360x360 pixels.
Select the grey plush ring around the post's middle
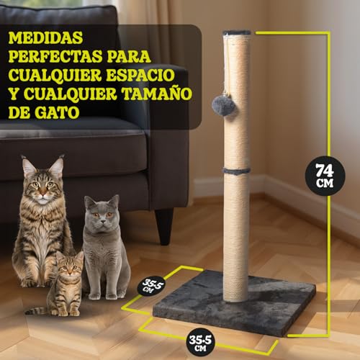click(236, 171)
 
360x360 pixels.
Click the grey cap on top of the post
click(237, 33)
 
